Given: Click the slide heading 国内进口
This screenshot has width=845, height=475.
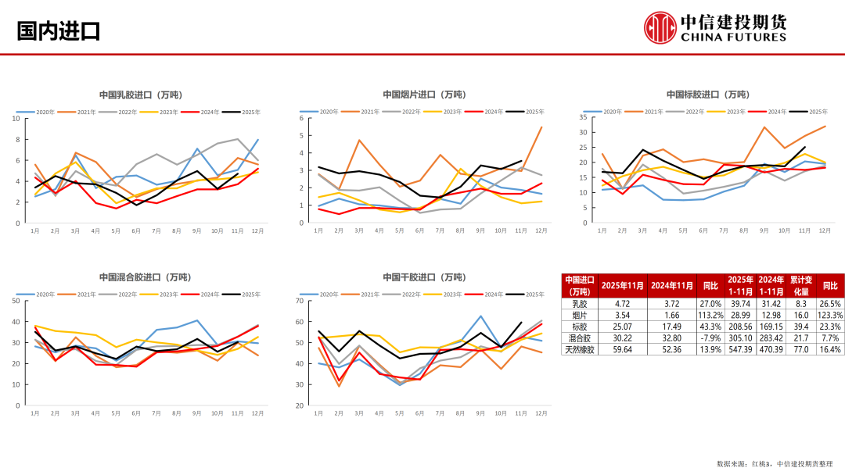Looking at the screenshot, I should pyautogui.click(x=59, y=31).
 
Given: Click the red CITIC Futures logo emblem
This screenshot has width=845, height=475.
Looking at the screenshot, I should pyautogui.click(x=660, y=28).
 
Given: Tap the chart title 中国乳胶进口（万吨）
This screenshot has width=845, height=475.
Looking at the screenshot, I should pyautogui.click(x=141, y=95).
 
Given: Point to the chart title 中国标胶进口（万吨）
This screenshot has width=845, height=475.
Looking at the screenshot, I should pyautogui.click(x=707, y=95).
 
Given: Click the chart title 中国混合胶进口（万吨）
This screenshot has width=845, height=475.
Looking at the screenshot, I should pyautogui.click(x=146, y=277).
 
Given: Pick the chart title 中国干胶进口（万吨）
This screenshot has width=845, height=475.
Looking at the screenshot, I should pyautogui.click(x=424, y=277).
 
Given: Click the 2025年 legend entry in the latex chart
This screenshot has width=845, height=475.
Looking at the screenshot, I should pyautogui.click(x=242, y=112).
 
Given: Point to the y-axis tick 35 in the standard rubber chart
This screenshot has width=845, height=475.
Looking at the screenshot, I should pyautogui.click(x=583, y=116).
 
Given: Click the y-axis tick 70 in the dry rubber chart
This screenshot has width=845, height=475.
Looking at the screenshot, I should pyautogui.click(x=300, y=300).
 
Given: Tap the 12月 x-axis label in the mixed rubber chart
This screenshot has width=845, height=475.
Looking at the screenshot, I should pyautogui.click(x=257, y=414).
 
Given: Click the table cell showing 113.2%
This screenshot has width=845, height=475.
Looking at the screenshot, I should pyautogui.click(x=710, y=314).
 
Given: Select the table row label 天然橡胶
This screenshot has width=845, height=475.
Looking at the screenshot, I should pyautogui.click(x=580, y=349).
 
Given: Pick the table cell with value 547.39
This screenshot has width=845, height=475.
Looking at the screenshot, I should pyautogui.click(x=740, y=349).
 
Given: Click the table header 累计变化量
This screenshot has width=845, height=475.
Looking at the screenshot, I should pyautogui.click(x=800, y=285).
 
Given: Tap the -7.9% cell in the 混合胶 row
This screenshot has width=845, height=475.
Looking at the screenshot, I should pyautogui.click(x=710, y=337).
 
